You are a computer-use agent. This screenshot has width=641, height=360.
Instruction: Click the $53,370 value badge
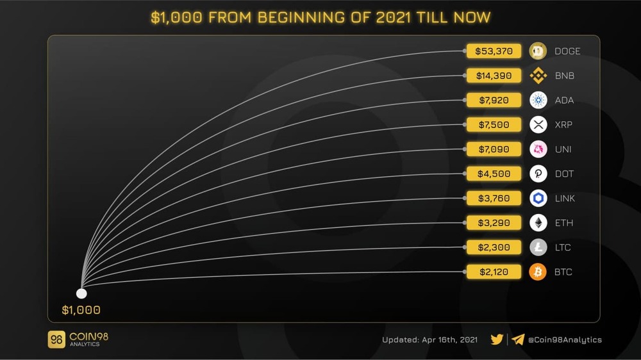coord(494,51)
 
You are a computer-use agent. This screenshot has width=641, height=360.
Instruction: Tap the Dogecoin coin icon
coord(538,51)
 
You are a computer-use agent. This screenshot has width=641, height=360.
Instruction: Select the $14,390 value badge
coord(494,76)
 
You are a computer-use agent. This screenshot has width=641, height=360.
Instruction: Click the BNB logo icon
coord(538,76)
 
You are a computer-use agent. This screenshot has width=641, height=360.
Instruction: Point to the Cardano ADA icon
coord(538,101)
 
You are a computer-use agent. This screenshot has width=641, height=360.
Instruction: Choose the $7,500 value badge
coord(494,125)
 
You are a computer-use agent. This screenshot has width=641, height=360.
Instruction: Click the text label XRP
coord(563,125)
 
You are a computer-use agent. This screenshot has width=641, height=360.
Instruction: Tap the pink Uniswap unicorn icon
coord(538,149)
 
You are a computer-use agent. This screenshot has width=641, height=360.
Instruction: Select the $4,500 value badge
coord(494,174)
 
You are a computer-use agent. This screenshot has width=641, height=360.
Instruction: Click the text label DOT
coord(564,174)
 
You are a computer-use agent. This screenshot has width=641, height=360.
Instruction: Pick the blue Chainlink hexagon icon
coord(538,199)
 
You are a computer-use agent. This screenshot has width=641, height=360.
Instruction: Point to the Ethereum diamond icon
coord(538,223)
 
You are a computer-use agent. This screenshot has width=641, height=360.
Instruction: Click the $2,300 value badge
coord(494,247)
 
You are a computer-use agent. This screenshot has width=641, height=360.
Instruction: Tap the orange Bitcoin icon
coord(538,272)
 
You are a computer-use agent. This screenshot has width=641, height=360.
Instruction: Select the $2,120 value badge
coord(494,272)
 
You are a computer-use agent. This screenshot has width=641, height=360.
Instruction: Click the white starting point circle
coord(81,293)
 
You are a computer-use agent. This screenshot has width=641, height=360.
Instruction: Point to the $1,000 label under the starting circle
coord(81,311)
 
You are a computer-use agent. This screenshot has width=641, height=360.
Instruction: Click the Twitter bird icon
coord(497,340)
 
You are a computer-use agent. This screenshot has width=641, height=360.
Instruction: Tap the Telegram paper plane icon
coord(518,340)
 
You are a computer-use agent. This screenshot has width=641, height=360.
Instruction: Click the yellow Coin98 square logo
coord(56,340)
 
